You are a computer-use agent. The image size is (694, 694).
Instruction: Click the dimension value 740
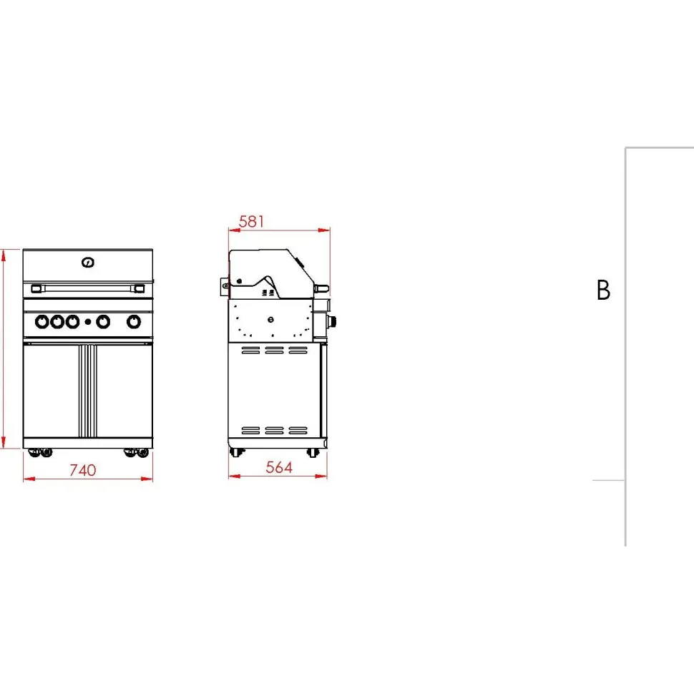point(83,469)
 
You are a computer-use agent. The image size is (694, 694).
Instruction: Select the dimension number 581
point(251,221)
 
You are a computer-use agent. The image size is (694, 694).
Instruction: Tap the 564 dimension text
point(279,467)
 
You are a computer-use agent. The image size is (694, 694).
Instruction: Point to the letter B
point(603,290)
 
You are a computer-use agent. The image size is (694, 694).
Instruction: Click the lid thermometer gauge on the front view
point(87,263)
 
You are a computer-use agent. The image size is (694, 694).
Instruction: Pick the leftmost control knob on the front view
point(42,322)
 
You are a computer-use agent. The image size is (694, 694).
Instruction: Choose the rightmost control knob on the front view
point(134,322)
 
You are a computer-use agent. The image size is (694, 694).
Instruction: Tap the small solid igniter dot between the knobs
point(87,322)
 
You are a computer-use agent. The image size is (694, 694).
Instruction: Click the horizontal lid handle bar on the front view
point(87,288)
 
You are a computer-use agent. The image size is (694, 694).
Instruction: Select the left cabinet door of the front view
point(52,391)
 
